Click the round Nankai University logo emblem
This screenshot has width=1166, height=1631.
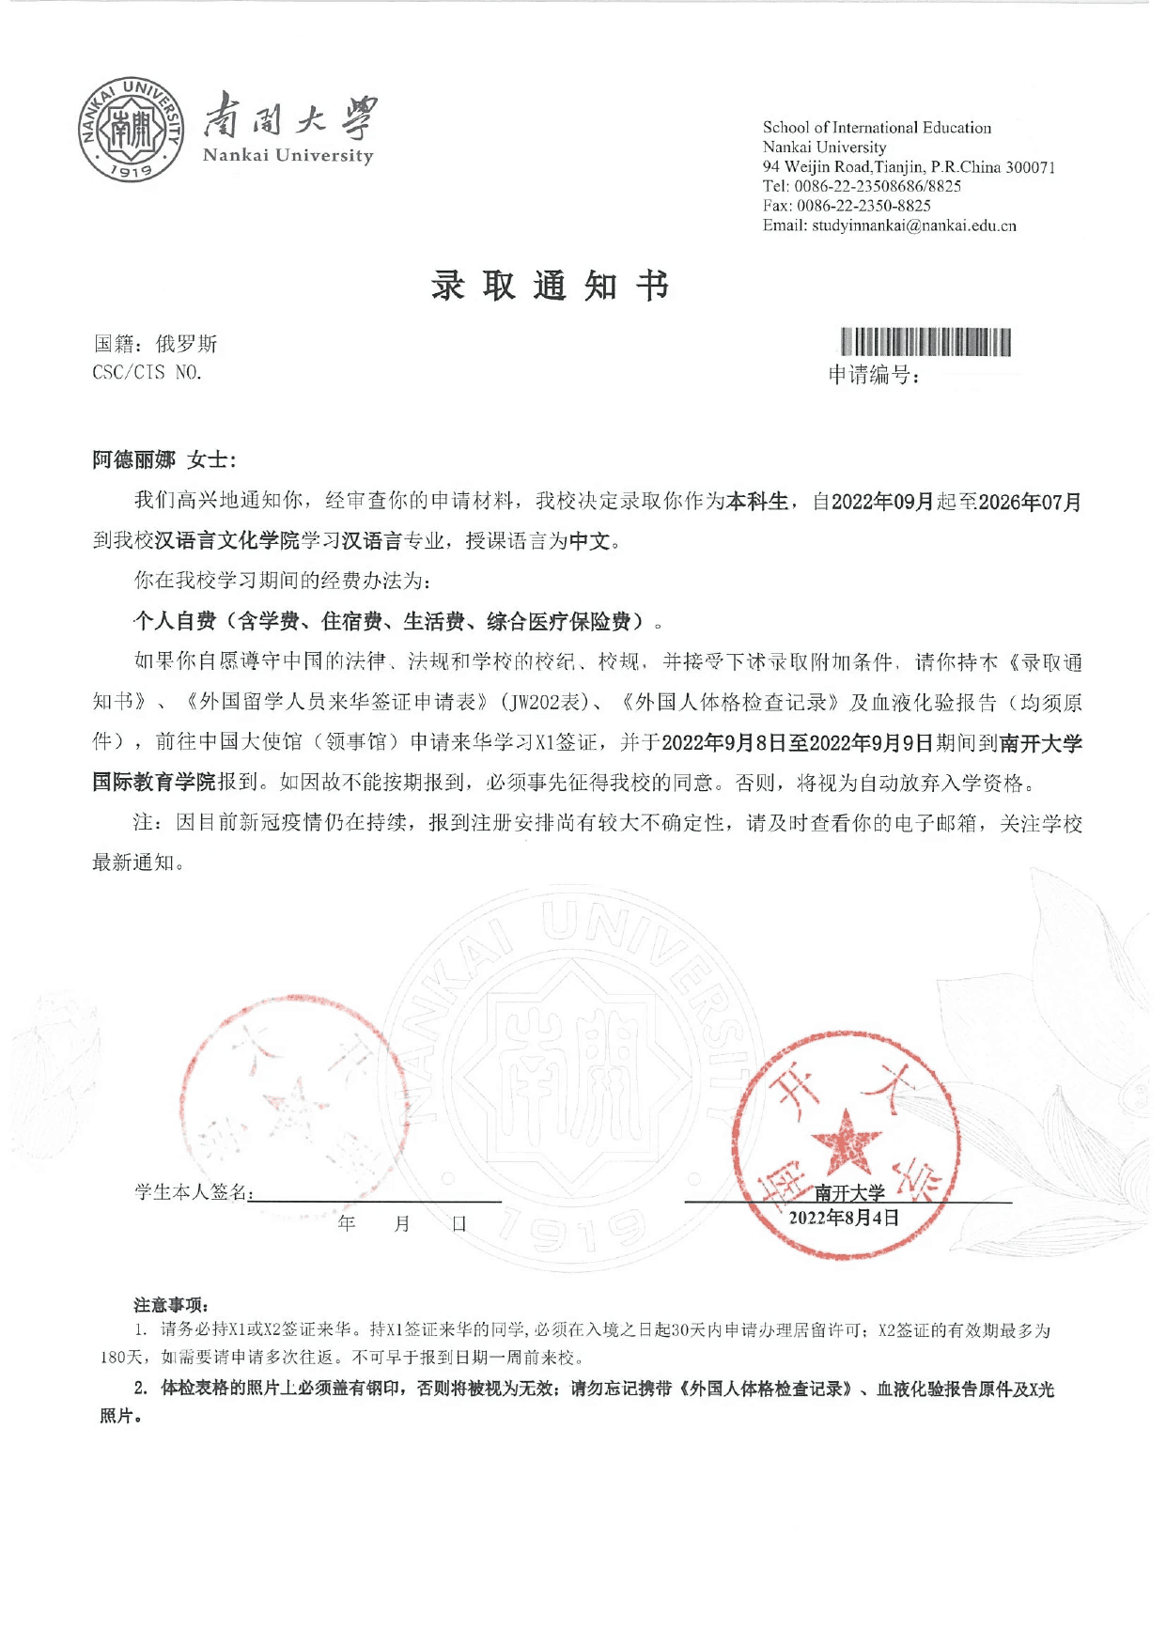coord(131,130)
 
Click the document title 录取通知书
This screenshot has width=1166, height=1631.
coord(551,286)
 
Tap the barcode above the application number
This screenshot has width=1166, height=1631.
coord(925,342)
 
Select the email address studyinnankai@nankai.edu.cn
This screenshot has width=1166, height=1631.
coord(913,225)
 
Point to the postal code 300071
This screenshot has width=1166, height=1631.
coord(1031,167)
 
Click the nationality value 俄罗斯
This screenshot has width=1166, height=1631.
coord(186,344)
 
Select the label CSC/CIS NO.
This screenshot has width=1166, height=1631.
coord(148,373)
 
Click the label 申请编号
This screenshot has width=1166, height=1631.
coord(873,376)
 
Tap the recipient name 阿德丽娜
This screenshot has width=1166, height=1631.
coord(133,459)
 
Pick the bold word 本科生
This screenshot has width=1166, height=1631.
coord(757,502)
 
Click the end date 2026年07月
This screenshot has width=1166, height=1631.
coord(1030,502)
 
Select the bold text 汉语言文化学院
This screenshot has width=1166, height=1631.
coord(226,541)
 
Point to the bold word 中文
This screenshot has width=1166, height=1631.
coord(590,541)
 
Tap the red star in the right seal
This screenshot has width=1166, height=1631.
coord(846,1142)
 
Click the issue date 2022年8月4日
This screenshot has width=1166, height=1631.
coord(844,1219)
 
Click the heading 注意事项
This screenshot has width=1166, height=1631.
coord(170,1305)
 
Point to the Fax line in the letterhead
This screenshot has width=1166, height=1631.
coord(846,206)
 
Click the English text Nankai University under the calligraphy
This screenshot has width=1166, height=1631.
coord(288,156)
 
